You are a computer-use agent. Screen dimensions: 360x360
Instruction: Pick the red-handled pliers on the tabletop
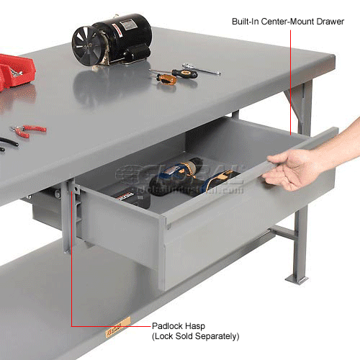[x=29, y=130]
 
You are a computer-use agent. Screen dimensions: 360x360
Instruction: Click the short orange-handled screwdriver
[x=164, y=77]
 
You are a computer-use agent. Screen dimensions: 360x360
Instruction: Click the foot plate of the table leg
[x=297, y=278]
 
